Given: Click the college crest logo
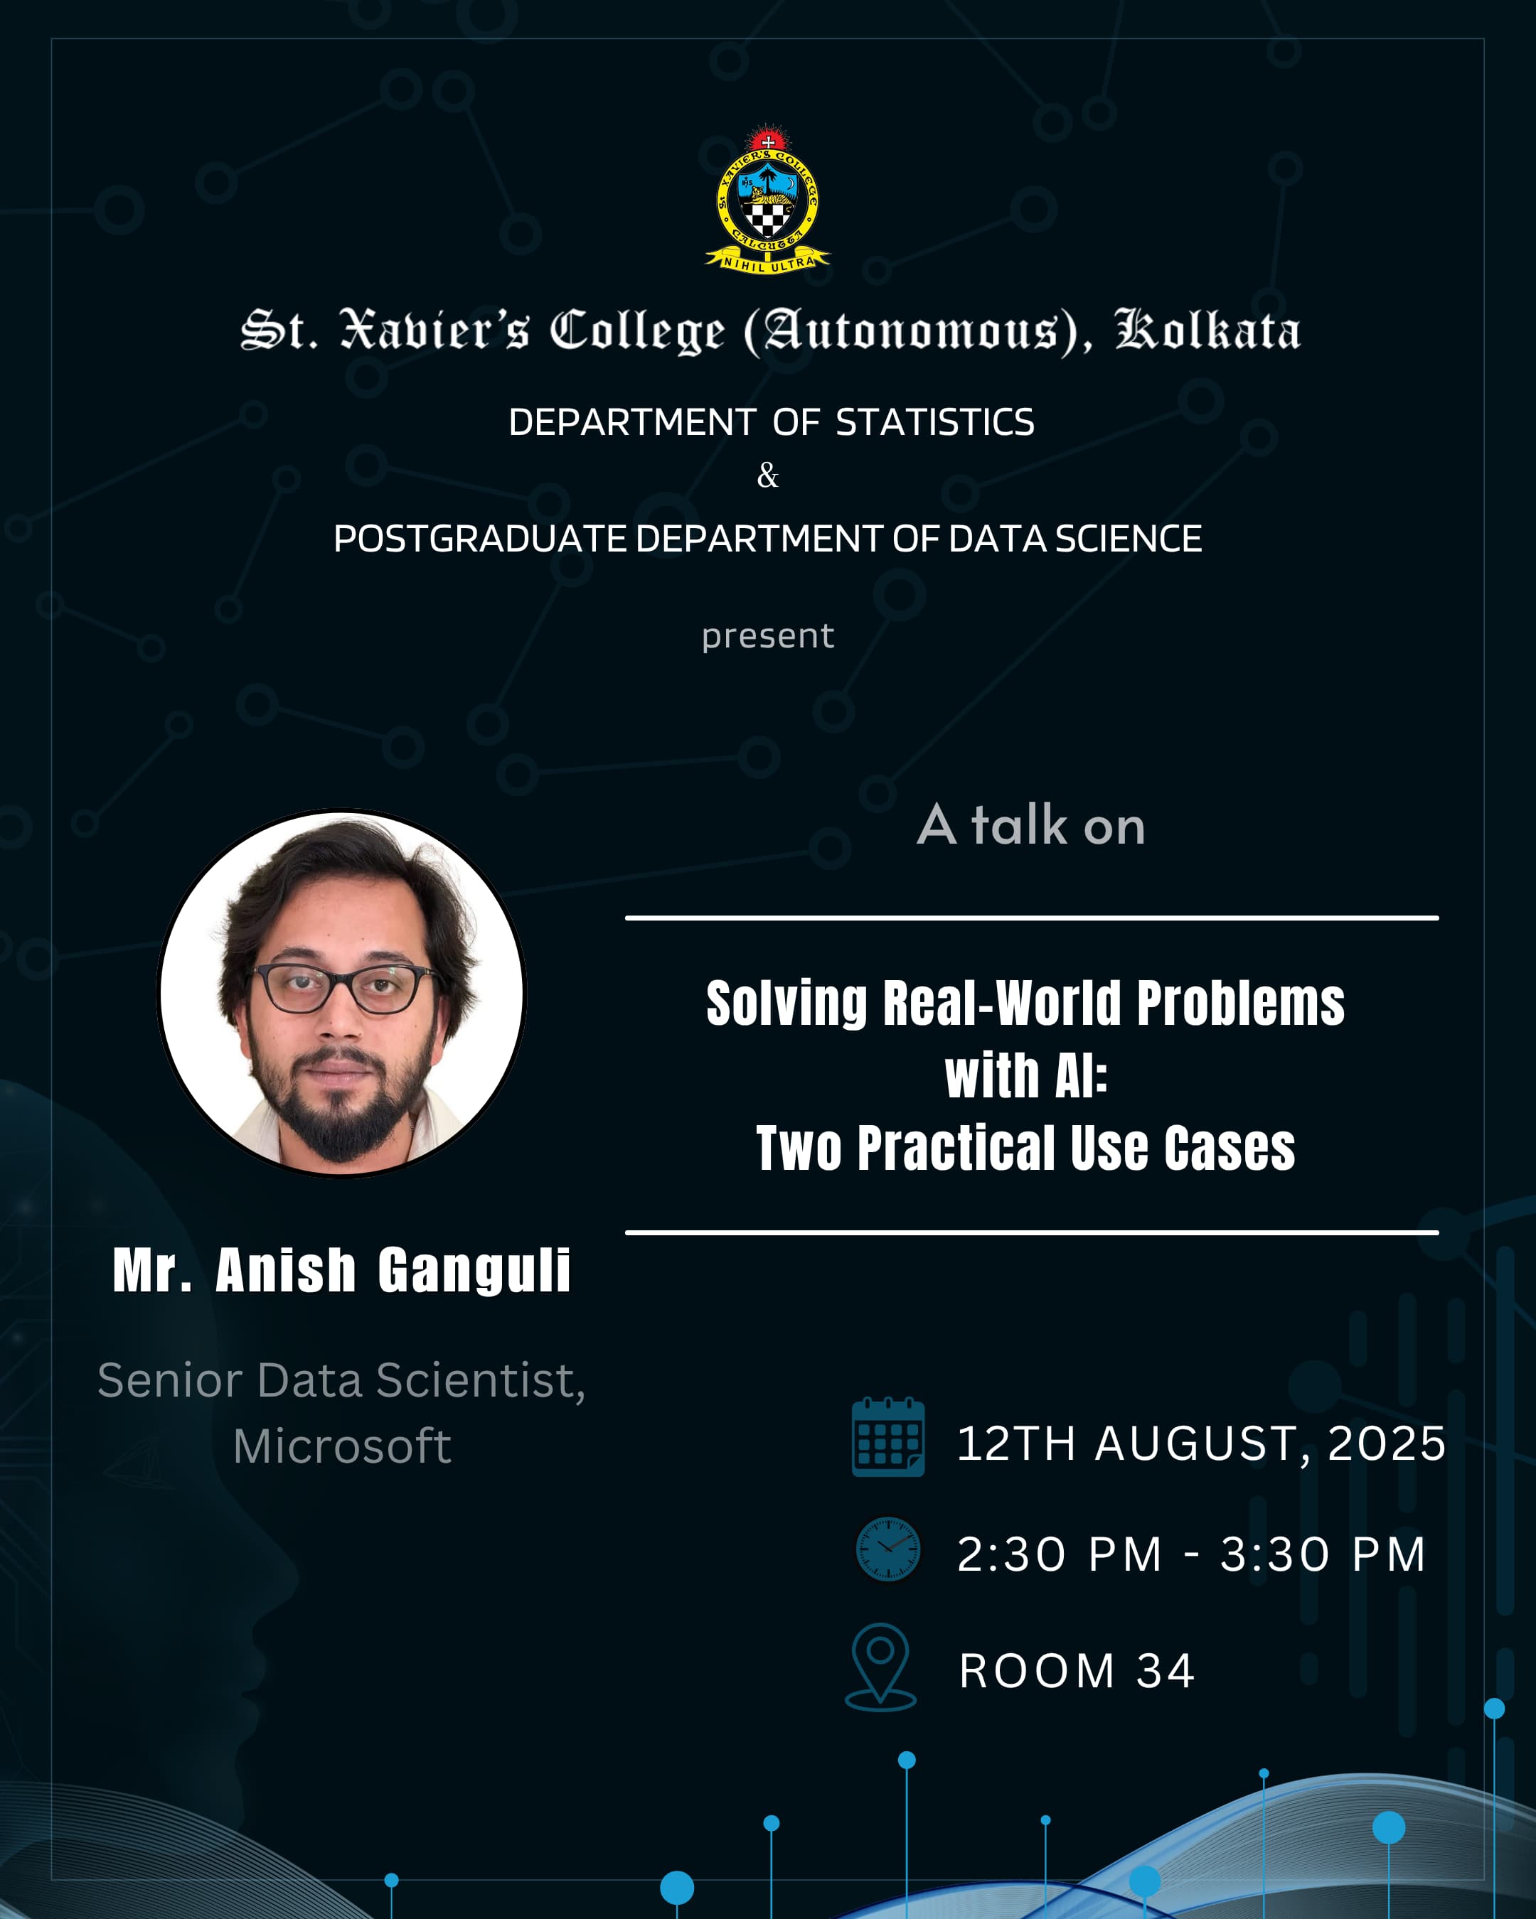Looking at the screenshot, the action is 767,200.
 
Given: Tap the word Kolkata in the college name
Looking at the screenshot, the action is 1207,330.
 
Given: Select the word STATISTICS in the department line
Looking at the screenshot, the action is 935,422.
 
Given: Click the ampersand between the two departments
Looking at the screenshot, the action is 767,476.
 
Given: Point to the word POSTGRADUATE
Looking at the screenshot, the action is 480,539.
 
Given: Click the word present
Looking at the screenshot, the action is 767,636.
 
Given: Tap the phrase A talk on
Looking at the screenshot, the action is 1031,824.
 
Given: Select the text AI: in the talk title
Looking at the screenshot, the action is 1081,1076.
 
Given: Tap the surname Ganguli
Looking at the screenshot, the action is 474,1270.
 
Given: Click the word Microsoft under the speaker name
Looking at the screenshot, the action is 342,1446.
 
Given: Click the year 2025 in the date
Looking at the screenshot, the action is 1387,1443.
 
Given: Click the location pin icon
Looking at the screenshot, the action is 880,1667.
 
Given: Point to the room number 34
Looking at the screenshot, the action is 1165,1671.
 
